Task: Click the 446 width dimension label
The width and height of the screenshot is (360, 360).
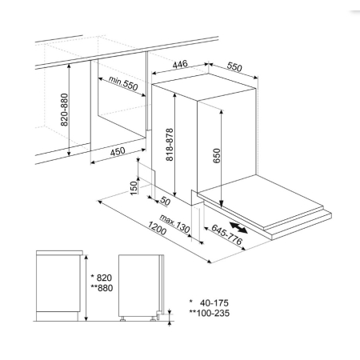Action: pos(180,64)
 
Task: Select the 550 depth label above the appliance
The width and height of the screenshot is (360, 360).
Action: pos(234,67)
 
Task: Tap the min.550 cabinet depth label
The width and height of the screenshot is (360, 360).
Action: pos(123,83)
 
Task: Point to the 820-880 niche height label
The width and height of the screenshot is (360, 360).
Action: pos(64,110)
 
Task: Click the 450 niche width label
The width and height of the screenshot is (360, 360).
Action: pos(118,151)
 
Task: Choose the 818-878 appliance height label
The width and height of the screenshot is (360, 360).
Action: pos(170,145)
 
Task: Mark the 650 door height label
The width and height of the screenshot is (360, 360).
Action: pos(217,156)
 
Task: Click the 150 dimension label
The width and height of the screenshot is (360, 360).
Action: pos(134,188)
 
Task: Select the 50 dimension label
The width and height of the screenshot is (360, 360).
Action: pos(166,202)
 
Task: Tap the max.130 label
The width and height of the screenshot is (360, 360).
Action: pos(174,223)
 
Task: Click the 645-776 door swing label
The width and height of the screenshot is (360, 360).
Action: pos(227,234)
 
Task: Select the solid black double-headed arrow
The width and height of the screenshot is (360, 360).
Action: pos(238,228)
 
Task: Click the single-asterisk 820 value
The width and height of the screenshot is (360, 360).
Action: pos(102,278)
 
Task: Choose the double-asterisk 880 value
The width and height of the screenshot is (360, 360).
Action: pos(102,288)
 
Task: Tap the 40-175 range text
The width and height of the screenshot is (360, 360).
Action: pos(210,303)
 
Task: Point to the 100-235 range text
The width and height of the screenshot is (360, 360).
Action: pos(210,313)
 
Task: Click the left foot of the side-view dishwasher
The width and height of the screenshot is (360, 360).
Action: pos(122,318)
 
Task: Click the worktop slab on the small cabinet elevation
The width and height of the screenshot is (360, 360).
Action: pos(59,253)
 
